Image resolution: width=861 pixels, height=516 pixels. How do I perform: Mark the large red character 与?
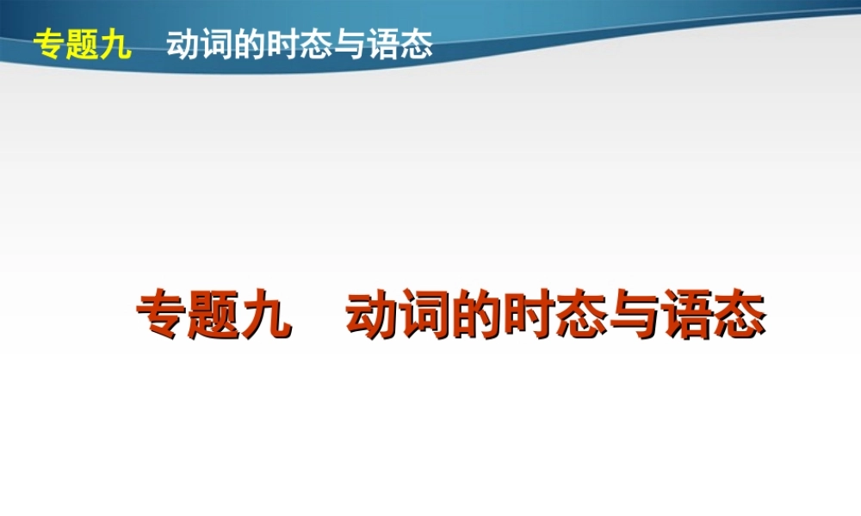pos(634,317)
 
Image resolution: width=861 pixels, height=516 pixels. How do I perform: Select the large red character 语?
pos(686,317)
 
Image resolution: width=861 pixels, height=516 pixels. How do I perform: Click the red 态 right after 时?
pos(581,317)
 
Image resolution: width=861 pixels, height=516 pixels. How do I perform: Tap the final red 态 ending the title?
pos(739,317)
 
